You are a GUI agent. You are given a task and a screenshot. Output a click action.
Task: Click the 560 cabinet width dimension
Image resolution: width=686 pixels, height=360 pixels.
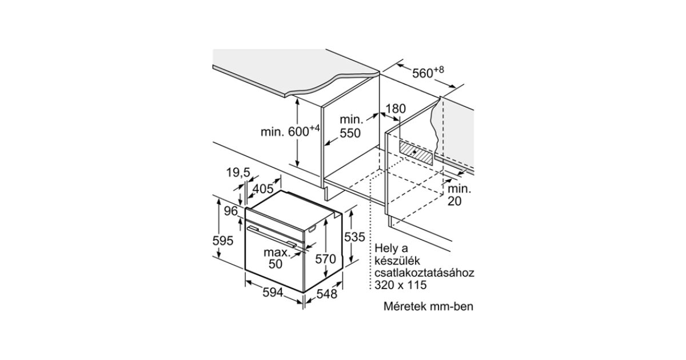tap(428, 73)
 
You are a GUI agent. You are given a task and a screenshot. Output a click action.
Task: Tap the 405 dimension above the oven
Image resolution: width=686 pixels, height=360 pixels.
tap(262, 188)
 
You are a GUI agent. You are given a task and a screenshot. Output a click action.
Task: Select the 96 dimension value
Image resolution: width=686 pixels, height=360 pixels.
tap(230, 211)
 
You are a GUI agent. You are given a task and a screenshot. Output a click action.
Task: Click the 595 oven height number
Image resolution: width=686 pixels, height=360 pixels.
tap(223, 241)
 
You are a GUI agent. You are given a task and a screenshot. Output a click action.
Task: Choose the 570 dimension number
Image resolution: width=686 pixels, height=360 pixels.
tap(325, 259)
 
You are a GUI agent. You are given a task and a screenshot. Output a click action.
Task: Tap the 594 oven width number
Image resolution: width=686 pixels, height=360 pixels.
tap(273, 292)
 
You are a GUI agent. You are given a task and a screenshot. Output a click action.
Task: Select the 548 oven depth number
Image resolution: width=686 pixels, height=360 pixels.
tap(328, 294)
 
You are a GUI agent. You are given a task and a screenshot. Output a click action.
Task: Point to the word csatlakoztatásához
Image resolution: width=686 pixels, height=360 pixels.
tap(425, 273)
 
